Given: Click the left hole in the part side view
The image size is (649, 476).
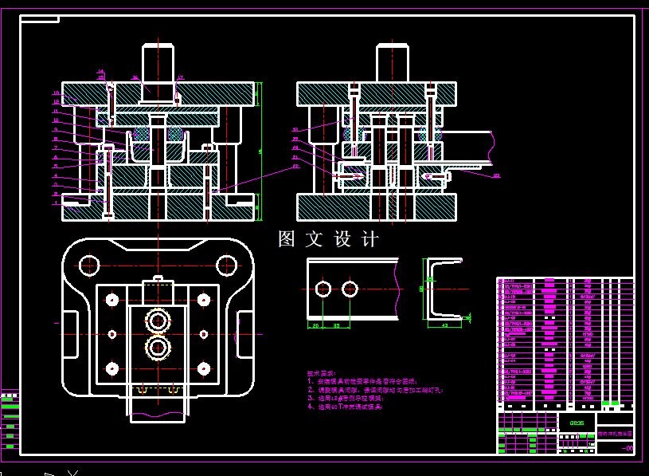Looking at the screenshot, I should (323, 289).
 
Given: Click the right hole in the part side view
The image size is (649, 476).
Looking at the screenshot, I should (350, 289).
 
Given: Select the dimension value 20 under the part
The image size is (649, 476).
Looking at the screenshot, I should (315, 325).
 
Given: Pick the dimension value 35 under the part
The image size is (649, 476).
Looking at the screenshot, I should (336, 325).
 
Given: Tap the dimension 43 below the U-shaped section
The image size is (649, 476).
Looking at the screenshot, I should (444, 325).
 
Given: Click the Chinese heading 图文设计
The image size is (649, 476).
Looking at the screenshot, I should (329, 239).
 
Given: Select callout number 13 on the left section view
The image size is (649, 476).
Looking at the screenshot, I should (56, 93).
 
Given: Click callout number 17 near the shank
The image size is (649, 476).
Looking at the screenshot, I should (181, 77).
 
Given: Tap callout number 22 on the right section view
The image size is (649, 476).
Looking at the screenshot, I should (496, 175).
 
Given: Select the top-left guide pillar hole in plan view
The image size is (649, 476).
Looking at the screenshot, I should (89, 264).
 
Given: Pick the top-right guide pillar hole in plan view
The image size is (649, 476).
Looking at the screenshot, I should (227, 264).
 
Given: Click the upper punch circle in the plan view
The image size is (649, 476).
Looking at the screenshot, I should (158, 320).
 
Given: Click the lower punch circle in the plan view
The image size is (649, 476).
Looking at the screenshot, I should (158, 348).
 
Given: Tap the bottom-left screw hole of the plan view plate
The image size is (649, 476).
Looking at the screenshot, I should (111, 368).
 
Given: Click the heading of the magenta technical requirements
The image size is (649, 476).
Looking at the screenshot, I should (321, 373).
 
